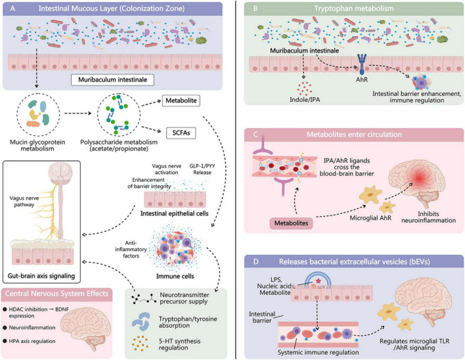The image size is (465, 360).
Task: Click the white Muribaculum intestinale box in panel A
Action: click(112, 79)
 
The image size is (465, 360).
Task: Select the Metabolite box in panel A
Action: click(181, 101)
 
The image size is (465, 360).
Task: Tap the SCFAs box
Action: click(181, 133)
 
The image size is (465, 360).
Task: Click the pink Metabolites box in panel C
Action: click(291, 223)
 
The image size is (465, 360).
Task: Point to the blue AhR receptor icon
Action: click(362, 64)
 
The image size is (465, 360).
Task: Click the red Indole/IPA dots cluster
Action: click(304, 87)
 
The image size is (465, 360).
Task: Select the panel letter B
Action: click(255, 9)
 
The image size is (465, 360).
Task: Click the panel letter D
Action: click(256, 262)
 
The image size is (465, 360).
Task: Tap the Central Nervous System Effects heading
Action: click(56, 294)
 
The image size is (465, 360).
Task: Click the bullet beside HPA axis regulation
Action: click(5, 342)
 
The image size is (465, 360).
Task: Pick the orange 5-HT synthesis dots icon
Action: click(140, 344)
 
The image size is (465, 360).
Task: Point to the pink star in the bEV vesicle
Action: click(318, 281)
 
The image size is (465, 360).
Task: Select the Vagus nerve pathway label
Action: click(24, 202)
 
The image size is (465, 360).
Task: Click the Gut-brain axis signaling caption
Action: click(41, 276)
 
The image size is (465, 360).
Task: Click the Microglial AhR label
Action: click(370, 218)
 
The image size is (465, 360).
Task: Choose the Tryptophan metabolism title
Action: click(354, 9)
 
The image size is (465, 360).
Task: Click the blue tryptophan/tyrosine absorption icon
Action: click(141, 321)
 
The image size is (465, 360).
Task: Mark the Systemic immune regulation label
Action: click(318, 352)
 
